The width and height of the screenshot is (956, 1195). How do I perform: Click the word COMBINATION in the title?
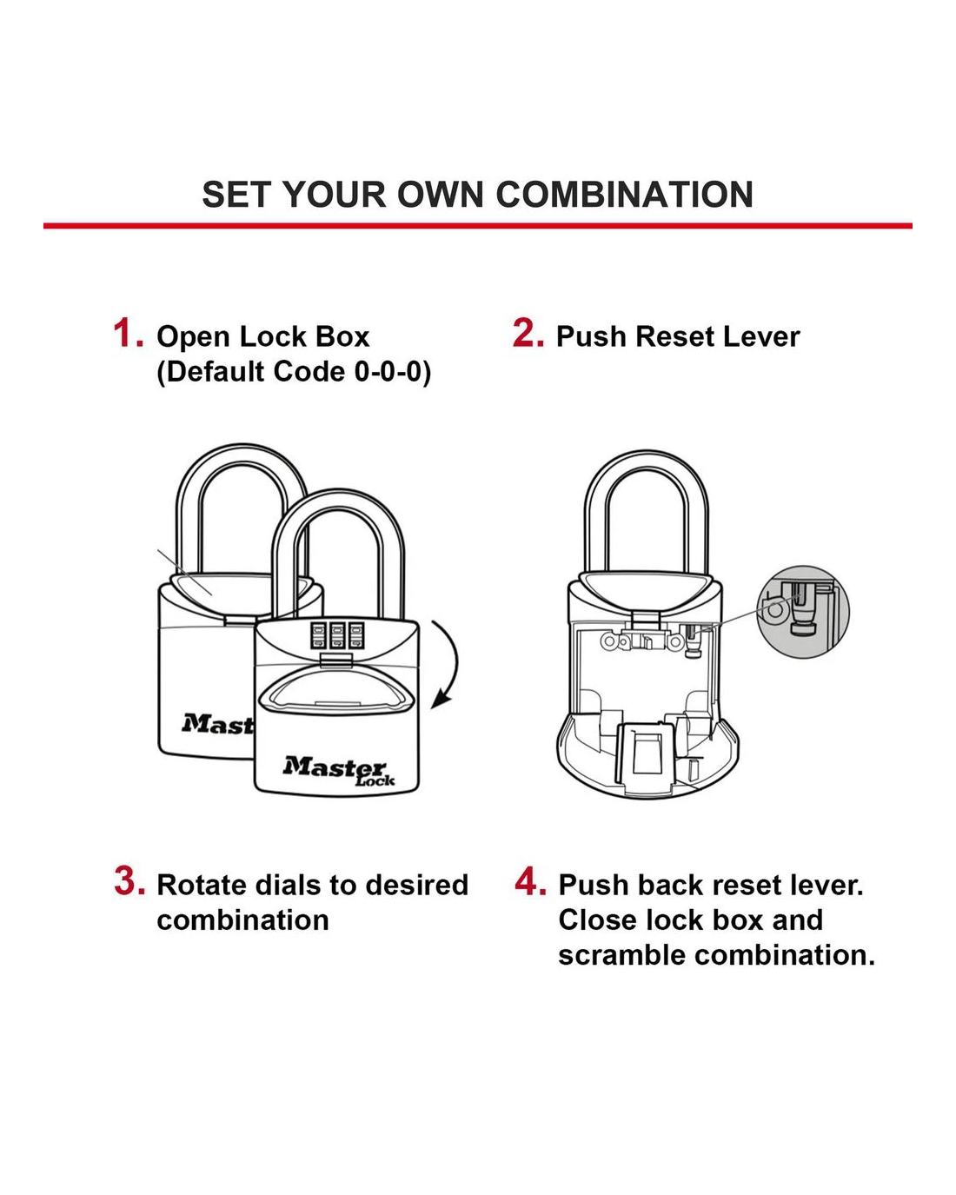[624, 195]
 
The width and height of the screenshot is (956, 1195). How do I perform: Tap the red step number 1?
[129, 333]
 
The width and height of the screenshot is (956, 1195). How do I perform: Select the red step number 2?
[528, 333]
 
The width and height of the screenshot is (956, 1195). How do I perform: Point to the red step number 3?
[130, 880]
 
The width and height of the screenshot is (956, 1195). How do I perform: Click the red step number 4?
[530, 880]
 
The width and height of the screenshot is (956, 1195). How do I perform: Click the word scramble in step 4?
[621, 956]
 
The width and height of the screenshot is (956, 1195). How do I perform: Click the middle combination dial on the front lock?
[336, 635]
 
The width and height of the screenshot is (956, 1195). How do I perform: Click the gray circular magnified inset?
[803, 612]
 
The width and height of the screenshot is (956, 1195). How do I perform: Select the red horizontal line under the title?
[478, 226]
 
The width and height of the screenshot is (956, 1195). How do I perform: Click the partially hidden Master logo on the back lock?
[218, 724]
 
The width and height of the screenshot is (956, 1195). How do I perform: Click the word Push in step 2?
[591, 337]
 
